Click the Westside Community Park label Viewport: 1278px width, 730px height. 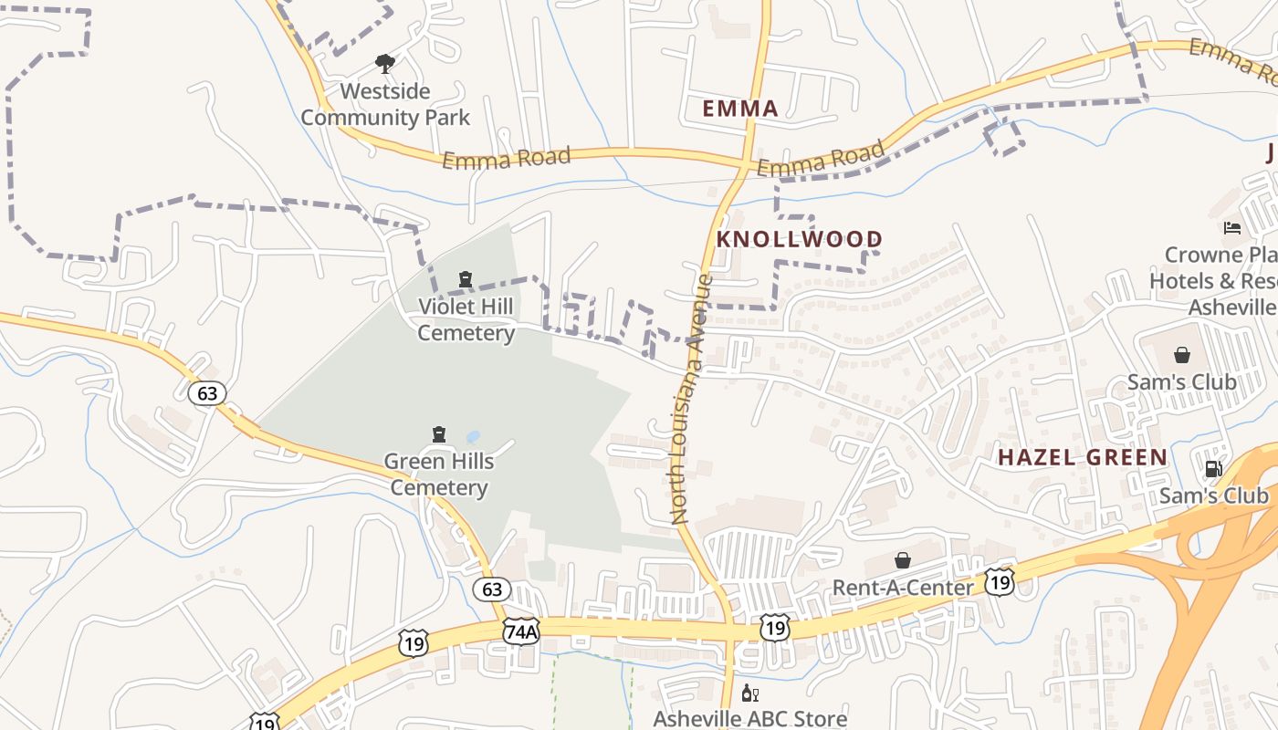coord(385,104)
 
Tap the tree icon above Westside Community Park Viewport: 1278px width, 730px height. coord(385,64)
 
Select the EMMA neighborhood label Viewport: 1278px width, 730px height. coord(740,109)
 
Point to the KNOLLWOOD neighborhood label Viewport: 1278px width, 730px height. coord(800,239)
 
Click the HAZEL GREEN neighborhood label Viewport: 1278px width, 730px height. coord(1083,457)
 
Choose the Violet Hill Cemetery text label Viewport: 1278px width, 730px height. coord(466,319)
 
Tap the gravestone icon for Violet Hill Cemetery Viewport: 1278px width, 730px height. coord(466,279)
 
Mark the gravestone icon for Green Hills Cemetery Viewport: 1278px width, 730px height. coord(439,434)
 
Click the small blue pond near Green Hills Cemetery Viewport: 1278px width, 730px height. coord(473,437)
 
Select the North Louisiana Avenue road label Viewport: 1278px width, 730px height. coord(692,399)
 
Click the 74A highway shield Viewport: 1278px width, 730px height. coord(521,631)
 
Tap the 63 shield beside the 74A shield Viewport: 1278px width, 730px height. coord(492,589)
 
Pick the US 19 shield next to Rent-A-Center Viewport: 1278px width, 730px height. coord(1000,581)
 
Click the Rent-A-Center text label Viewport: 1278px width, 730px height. coord(903,587)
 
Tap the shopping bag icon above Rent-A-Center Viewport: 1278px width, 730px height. coord(903,560)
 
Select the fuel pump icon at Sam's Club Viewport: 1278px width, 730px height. coord(1213,469)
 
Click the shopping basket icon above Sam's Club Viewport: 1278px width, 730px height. coord(1182,355)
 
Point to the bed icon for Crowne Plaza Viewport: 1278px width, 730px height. coord(1232,228)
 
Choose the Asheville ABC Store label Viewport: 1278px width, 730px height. coord(750,718)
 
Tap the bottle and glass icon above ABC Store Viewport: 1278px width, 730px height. coord(750,693)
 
